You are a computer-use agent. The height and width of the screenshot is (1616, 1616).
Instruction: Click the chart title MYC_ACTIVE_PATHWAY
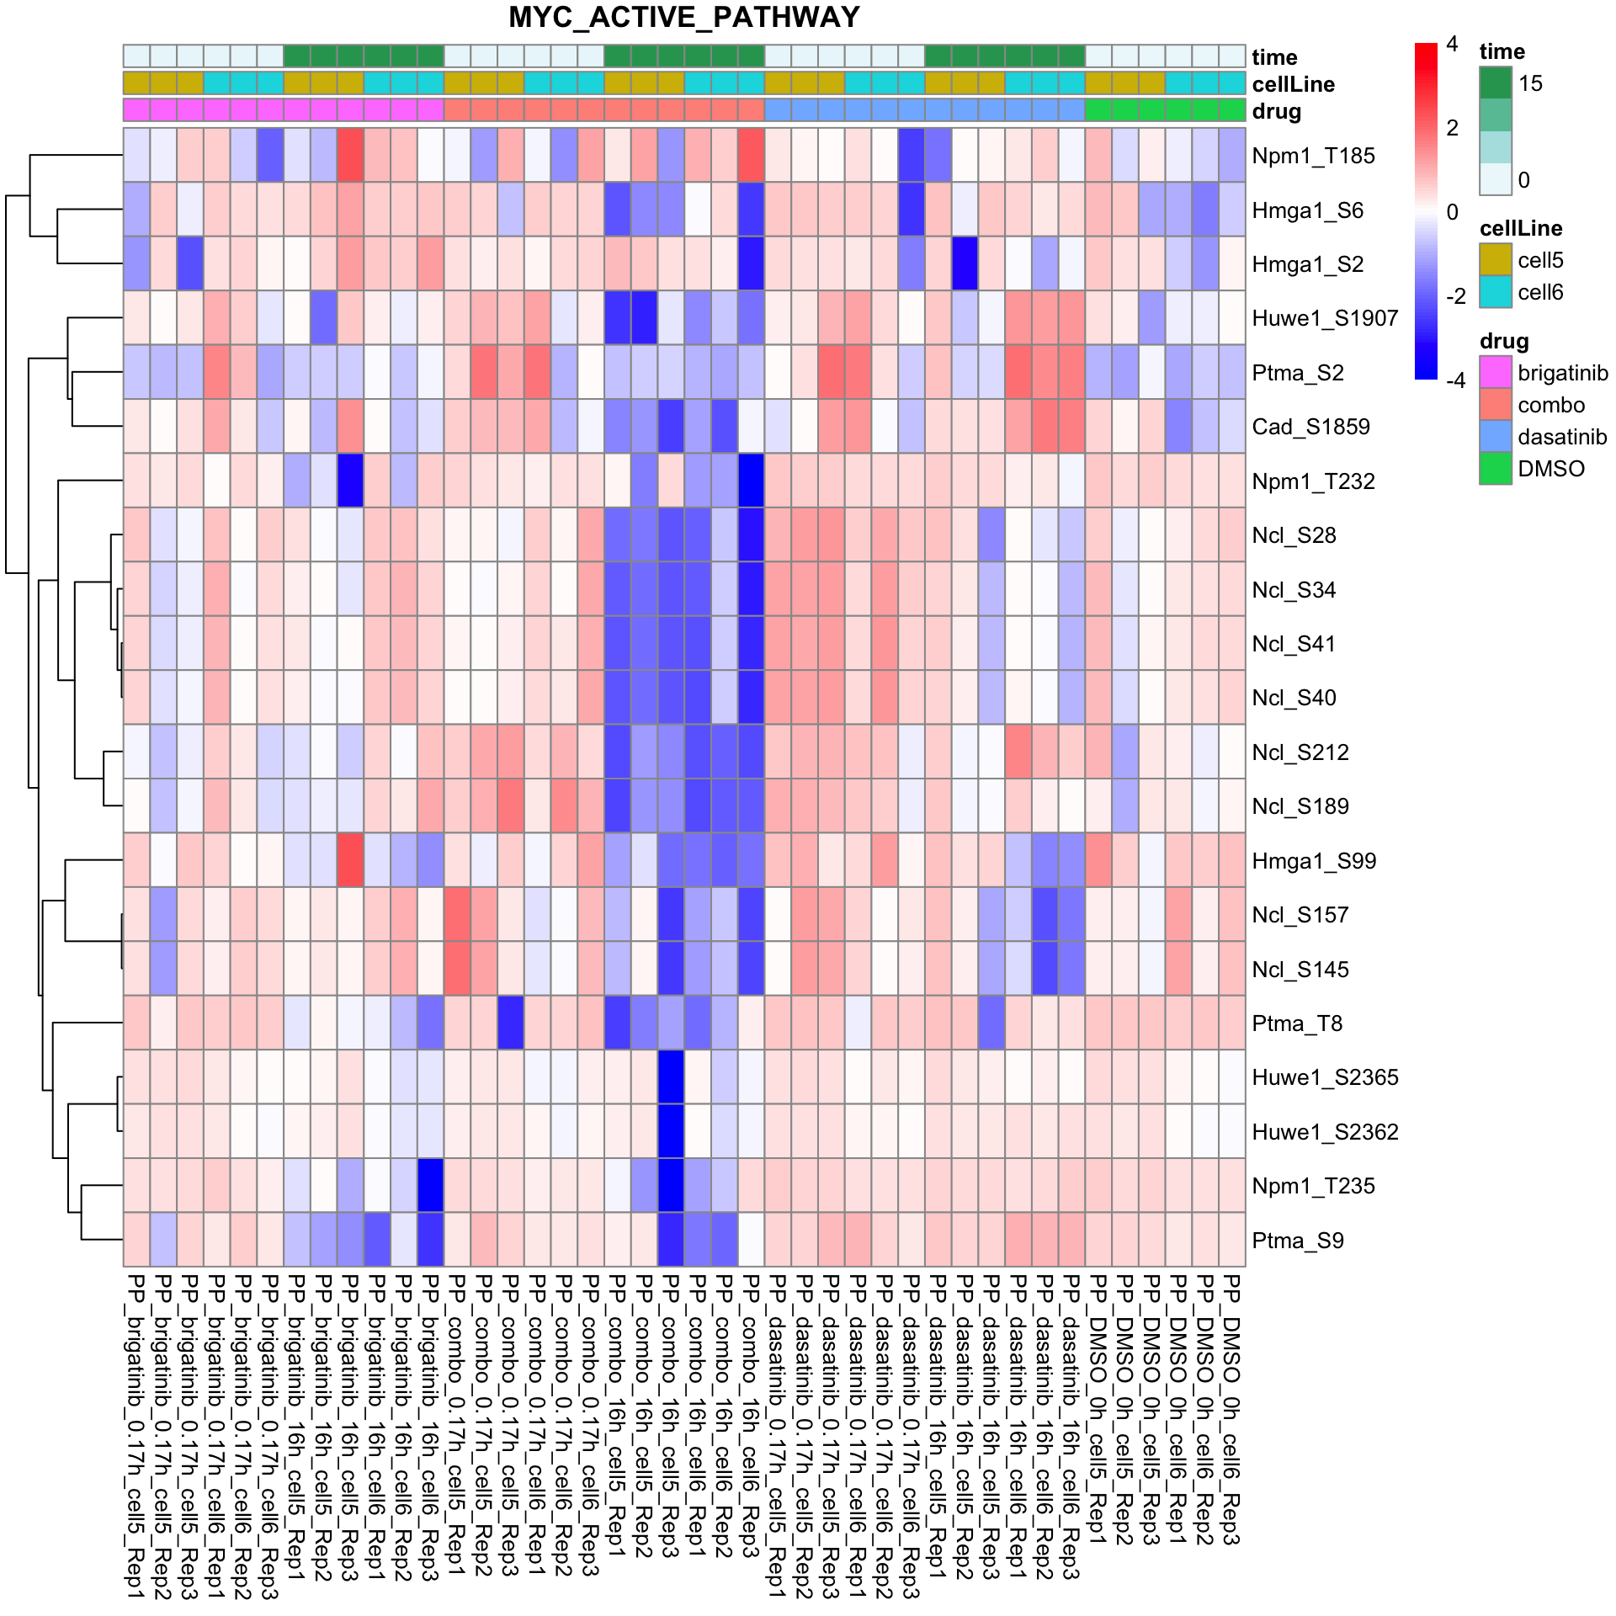pos(683,18)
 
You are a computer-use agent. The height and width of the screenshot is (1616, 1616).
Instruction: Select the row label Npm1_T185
pos(1313,156)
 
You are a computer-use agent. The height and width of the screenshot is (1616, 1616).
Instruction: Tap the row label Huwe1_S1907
pos(1325,318)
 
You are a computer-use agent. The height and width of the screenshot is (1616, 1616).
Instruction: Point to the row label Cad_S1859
pos(1310,427)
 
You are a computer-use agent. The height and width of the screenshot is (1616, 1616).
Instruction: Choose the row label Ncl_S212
pos(1300,752)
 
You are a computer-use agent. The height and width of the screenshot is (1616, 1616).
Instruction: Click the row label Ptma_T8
pos(1297,1023)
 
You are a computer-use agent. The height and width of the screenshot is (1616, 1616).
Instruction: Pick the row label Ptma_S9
pos(1298,1241)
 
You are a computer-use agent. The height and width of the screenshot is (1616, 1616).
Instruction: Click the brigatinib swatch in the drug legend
pos(1496,372)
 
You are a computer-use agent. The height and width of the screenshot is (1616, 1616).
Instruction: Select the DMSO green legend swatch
pos(1496,469)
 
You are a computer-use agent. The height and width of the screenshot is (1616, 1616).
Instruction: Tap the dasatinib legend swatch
pos(1496,437)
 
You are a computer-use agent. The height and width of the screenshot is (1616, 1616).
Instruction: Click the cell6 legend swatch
pos(1496,292)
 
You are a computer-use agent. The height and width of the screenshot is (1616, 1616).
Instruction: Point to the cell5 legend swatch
pos(1496,260)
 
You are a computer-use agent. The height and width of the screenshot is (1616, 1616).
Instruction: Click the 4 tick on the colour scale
pos(1452,45)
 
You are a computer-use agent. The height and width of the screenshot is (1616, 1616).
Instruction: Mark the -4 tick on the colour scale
pos(1455,380)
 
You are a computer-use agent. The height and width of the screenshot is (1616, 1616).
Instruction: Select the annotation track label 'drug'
pos(1276,111)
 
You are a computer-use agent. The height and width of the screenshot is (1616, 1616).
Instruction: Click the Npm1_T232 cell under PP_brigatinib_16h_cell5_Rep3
pos(350,481)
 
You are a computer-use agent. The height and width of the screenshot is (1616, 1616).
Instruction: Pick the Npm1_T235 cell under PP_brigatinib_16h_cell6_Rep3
pos(430,1185)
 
